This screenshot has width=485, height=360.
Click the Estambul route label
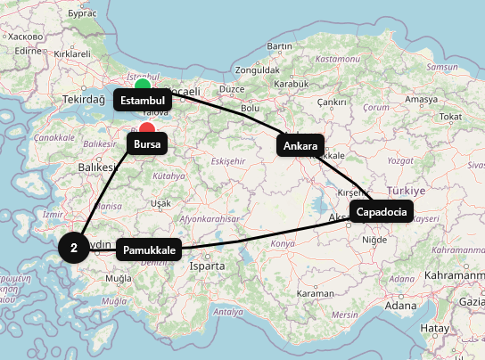pos(143,101)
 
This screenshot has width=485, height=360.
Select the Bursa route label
pos(147,143)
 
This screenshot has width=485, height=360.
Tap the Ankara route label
pos(300,145)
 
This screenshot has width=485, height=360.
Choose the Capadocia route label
pos(382,212)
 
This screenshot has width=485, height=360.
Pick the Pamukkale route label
pos(150,250)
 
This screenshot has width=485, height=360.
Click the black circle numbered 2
pos(73,248)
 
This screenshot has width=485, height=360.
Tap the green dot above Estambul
pos(143,86)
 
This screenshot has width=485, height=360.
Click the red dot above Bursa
pos(147,128)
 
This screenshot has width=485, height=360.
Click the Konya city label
pos(283,243)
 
